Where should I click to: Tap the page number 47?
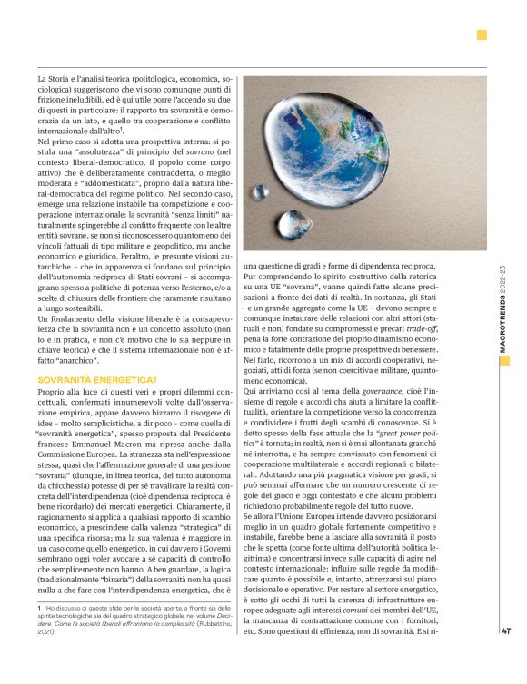(x=507, y=633)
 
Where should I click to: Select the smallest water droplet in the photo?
(x=262, y=192)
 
